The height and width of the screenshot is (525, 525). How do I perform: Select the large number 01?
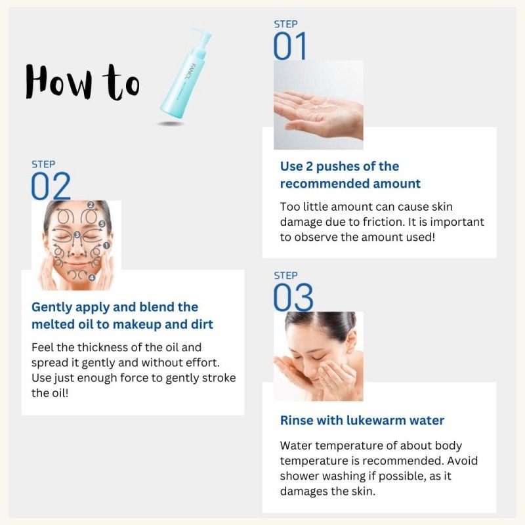290,47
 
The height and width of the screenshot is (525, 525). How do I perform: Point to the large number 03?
293,298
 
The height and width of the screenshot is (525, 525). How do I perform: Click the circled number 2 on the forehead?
91,205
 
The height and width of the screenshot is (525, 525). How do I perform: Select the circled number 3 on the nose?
77,234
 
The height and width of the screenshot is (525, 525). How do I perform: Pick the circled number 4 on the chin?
92,278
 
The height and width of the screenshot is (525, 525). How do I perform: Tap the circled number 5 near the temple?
102,224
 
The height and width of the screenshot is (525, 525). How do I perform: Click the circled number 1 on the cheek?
106,245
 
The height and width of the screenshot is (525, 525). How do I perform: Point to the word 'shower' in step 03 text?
299,476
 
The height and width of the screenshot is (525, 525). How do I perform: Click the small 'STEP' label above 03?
285,276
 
